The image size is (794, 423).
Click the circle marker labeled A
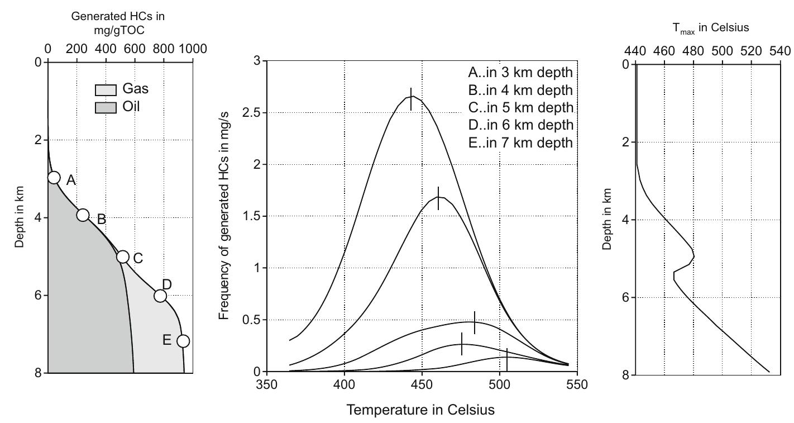coord(54,177)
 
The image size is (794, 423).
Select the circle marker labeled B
coord(83,215)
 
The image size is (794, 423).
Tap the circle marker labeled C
coord(123,257)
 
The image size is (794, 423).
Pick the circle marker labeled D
coord(160,296)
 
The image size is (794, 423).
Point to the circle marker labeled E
coord(183,341)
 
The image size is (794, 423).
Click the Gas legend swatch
coord(106,90)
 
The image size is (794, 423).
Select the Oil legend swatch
coord(106,107)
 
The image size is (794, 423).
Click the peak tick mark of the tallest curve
coord(411,99)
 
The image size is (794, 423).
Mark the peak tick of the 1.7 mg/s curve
coord(438,198)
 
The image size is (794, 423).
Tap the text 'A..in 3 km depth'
coord(520,73)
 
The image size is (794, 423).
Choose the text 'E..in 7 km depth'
coord(520,143)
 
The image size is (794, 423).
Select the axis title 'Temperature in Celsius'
coord(420,410)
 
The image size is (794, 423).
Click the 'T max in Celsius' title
coord(709,27)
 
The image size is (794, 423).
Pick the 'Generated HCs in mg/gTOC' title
coord(118,23)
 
